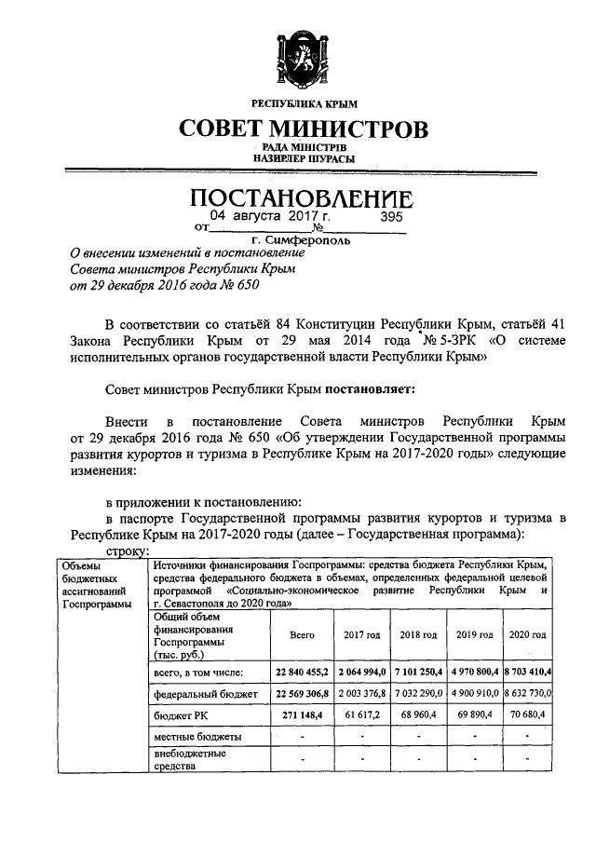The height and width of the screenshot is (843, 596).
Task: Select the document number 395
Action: coord(392,216)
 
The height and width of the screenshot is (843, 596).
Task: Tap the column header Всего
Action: coord(302,634)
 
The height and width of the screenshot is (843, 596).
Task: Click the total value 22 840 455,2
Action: coord(302,672)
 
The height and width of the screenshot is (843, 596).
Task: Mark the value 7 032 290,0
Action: coord(418,694)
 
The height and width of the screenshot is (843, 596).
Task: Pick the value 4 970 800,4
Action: coord(474,672)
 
